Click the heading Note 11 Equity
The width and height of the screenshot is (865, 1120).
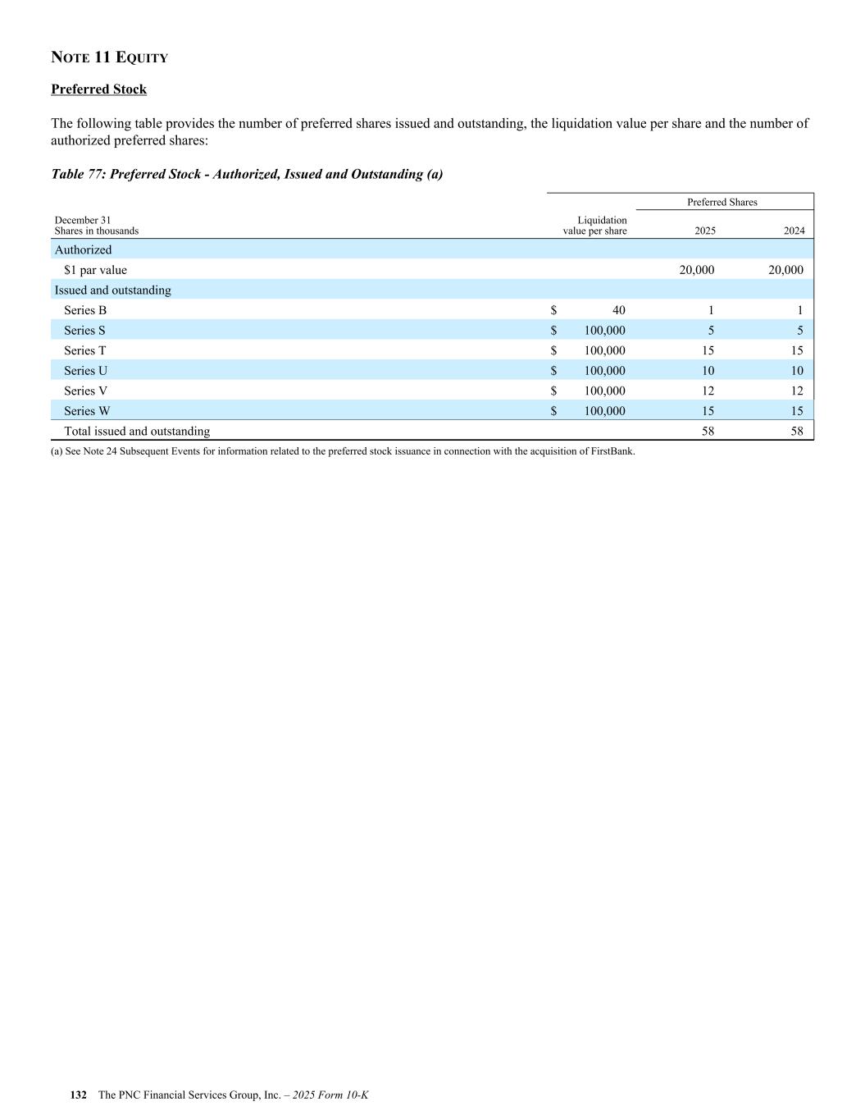[x=109, y=57]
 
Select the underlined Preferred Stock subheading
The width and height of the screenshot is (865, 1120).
[x=98, y=89]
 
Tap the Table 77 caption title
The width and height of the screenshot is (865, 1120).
[x=247, y=174]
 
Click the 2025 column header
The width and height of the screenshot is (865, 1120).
[x=704, y=231]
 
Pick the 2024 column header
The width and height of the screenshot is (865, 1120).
[x=794, y=231]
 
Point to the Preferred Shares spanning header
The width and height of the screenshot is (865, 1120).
[x=722, y=202]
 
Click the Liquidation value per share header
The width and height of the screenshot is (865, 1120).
[x=594, y=226]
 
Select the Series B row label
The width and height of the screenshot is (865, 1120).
[x=85, y=310]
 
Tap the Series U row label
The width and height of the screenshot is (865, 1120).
[x=85, y=371]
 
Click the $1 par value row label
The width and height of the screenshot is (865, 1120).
[x=95, y=270]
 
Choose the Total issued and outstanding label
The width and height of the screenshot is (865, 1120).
[x=137, y=432]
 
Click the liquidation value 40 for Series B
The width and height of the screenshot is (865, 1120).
[x=618, y=310]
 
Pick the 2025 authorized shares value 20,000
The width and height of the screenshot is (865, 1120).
[x=697, y=270]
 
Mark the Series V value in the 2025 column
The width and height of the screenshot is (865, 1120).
[x=708, y=391]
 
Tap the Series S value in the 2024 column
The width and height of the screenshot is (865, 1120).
[x=799, y=331]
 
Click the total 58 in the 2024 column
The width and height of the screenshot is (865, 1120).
[x=797, y=432]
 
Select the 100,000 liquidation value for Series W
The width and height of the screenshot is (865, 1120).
[x=604, y=411]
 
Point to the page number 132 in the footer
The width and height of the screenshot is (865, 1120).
[x=79, y=1095]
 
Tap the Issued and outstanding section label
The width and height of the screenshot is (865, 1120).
[x=112, y=290]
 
